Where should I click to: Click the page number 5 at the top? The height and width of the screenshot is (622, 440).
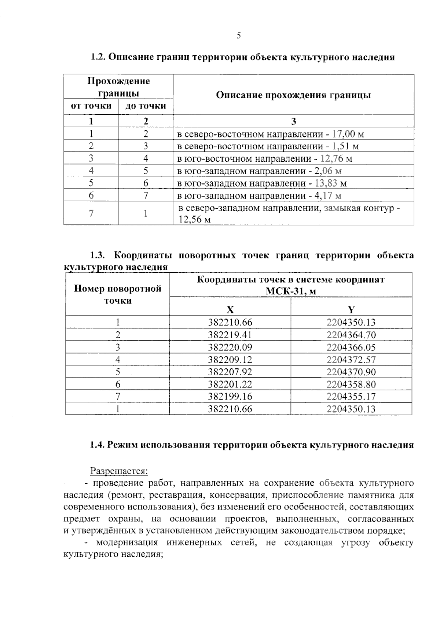239,36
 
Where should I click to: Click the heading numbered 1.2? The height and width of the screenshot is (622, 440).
242,57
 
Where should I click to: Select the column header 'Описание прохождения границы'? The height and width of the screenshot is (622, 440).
293,95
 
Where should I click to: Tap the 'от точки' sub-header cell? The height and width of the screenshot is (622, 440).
91,106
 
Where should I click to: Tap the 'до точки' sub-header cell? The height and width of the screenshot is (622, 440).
146,106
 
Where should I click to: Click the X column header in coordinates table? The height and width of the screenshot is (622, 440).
230,310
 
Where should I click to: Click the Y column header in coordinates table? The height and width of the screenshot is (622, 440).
351,310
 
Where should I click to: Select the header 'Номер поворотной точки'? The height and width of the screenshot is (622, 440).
118,294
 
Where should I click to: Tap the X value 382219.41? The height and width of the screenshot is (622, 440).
230,335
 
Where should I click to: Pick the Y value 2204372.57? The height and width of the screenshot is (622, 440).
351,360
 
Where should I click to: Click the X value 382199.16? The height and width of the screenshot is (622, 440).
230,397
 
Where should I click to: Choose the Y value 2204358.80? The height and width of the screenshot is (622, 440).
351,384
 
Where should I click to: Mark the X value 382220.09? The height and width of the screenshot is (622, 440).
230,347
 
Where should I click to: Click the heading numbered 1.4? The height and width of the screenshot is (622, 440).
252,445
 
